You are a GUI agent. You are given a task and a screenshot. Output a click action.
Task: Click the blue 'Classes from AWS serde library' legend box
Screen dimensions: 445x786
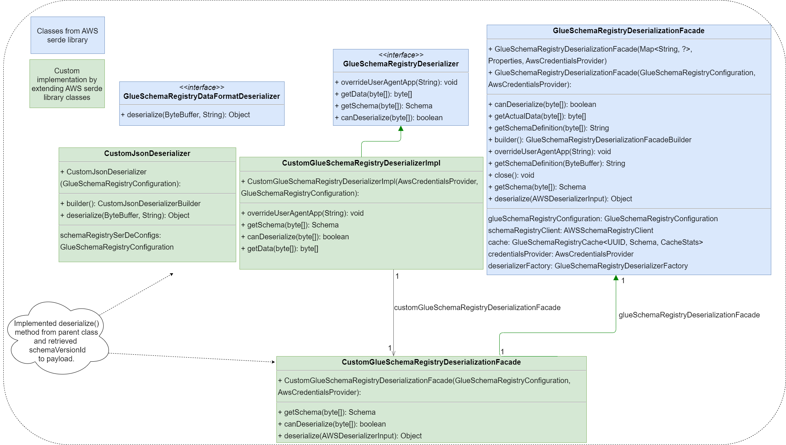click(x=68, y=35)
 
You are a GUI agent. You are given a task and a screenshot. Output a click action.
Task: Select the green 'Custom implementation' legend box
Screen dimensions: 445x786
click(x=67, y=84)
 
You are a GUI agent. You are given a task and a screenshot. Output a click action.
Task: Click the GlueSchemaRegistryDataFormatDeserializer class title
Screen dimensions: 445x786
click(x=201, y=96)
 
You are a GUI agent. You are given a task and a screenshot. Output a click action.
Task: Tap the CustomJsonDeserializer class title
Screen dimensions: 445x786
click(x=147, y=153)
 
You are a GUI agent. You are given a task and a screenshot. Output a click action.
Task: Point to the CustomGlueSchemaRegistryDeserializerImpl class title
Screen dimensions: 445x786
click(x=361, y=163)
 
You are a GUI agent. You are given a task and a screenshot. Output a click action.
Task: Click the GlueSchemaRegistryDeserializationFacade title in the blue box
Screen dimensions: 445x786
click(x=628, y=31)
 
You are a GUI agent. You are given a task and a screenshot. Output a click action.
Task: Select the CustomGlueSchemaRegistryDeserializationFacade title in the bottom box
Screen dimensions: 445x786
click(x=431, y=362)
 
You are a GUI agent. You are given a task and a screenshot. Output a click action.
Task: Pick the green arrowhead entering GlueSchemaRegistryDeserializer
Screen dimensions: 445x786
click(x=401, y=129)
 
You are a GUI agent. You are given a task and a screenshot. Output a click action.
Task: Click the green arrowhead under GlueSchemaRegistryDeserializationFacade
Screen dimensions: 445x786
click(x=616, y=278)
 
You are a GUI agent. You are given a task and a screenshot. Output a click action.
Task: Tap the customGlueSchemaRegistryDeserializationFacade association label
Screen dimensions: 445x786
click(x=477, y=307)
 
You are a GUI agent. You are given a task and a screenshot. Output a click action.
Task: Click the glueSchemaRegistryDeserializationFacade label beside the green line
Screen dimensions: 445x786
click(x=689, y=315)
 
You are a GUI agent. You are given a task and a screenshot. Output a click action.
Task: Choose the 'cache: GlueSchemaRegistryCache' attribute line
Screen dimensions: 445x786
click(x=595, y=242)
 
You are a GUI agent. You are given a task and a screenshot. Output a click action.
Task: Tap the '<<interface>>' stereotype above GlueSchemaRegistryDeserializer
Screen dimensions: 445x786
click(x=401, y=55)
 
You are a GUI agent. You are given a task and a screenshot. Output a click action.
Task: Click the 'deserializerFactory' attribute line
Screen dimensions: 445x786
click(x=588, y=266)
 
